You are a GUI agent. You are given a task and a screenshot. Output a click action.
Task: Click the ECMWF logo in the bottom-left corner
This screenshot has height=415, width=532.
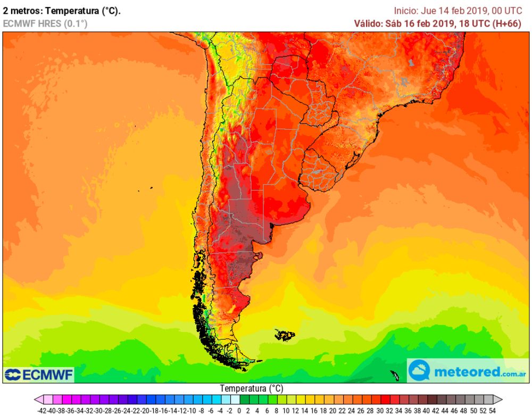pos(38,374)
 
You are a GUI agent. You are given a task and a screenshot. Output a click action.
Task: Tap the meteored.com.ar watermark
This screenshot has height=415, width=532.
pos(468,371)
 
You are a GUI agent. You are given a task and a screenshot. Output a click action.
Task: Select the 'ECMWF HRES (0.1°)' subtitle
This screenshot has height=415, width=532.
pos(45,23)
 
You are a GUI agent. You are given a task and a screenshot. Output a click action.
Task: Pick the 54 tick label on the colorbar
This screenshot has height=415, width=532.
pos(492,411)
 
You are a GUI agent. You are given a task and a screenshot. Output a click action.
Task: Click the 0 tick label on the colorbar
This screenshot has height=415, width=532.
pos(239,411)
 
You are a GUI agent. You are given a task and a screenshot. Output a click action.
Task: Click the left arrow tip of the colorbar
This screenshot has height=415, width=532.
pos(35,400)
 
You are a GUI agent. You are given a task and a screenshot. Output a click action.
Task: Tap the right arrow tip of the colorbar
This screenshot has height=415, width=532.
pos(501,400)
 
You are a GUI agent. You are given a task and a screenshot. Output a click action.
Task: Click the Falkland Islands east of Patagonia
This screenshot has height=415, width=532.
pos(285,335)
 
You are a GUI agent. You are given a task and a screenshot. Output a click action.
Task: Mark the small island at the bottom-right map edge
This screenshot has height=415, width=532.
pos(395,375)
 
